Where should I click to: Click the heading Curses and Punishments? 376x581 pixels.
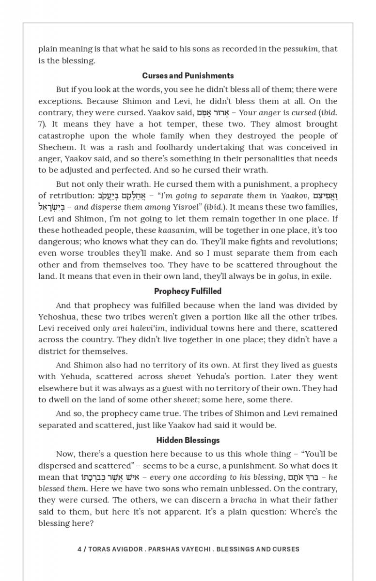pyautogui.click(x=188, y=76)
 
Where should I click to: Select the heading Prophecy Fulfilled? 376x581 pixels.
pyautogui.click(x=188, y=291)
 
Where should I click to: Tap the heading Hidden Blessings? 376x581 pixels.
pyautogui.click(x=188, y=440)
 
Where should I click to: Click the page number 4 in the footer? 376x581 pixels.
pyautogui.click(x=79, y=549)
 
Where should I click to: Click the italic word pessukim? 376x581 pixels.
pyautogui.click(x=300, y=49)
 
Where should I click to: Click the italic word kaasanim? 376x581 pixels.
pyautogui.click(x=176, y=230)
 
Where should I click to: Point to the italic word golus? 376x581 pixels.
pyautogui.click(x=287, y=276)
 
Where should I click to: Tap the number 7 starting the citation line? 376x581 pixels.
pyautogui.click(x=41, y=124)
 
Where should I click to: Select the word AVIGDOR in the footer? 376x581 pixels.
pyautogui.click(x=125, y=549)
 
